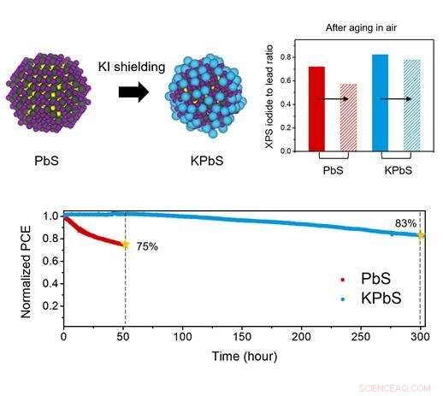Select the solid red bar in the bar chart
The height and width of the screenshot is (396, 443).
316,109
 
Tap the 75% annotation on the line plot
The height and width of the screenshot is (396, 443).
147,247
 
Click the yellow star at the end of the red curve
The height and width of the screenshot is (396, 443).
125,245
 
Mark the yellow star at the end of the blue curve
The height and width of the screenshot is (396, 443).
421,235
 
